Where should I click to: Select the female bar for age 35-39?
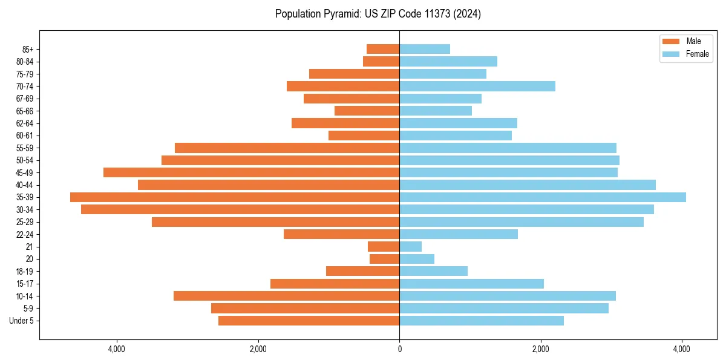click(543, 197)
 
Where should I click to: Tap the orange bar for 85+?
click(383, 49)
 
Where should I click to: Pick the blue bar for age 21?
click(411, 247)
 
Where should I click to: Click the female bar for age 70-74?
click(477, 86)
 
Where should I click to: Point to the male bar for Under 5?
click(309, 321)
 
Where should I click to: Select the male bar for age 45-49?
click(251, 172)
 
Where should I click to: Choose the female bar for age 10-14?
click(508, 296)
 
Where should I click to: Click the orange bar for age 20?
click(385, 259)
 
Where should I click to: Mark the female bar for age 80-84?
click(448, 61)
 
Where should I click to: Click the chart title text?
click(378, 14)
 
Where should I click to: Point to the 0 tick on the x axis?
click(399, 349)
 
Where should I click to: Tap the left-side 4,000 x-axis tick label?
click(116, 349)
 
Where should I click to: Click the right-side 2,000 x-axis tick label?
click(540, 349)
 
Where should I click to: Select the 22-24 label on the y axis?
click(24, 234)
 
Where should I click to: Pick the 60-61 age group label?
click(24, 136)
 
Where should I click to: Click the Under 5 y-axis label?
click(21, 321)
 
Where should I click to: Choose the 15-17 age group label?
click(24, 284)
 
